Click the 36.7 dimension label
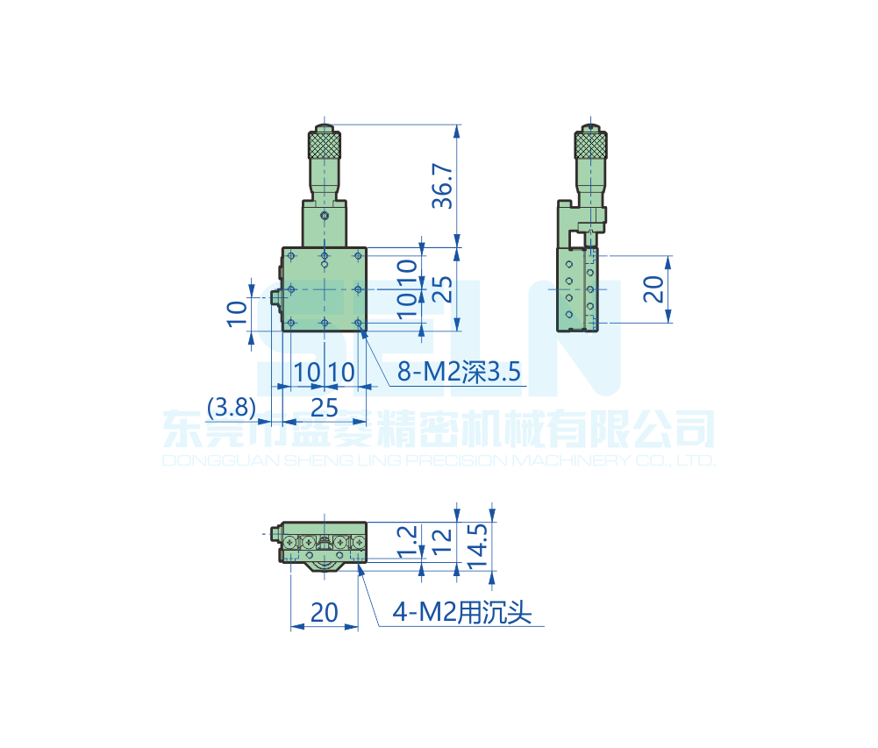(x=444, y=186)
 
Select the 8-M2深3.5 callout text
(x=459, y=373)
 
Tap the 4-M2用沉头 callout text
(x=462, y=613)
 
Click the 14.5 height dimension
(x=478, y=547)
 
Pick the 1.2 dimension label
(x=406, y=544)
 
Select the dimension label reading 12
(x=442, y=544)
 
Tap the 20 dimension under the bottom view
(x=324, y=612)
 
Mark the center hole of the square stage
(x=325, y=289)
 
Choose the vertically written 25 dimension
(x=444, y=289)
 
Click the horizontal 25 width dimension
(x=324, y=407)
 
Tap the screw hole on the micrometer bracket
(x=325, y=215)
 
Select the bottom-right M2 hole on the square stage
(x=359, y=323)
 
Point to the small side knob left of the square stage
(x=277, y=297)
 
